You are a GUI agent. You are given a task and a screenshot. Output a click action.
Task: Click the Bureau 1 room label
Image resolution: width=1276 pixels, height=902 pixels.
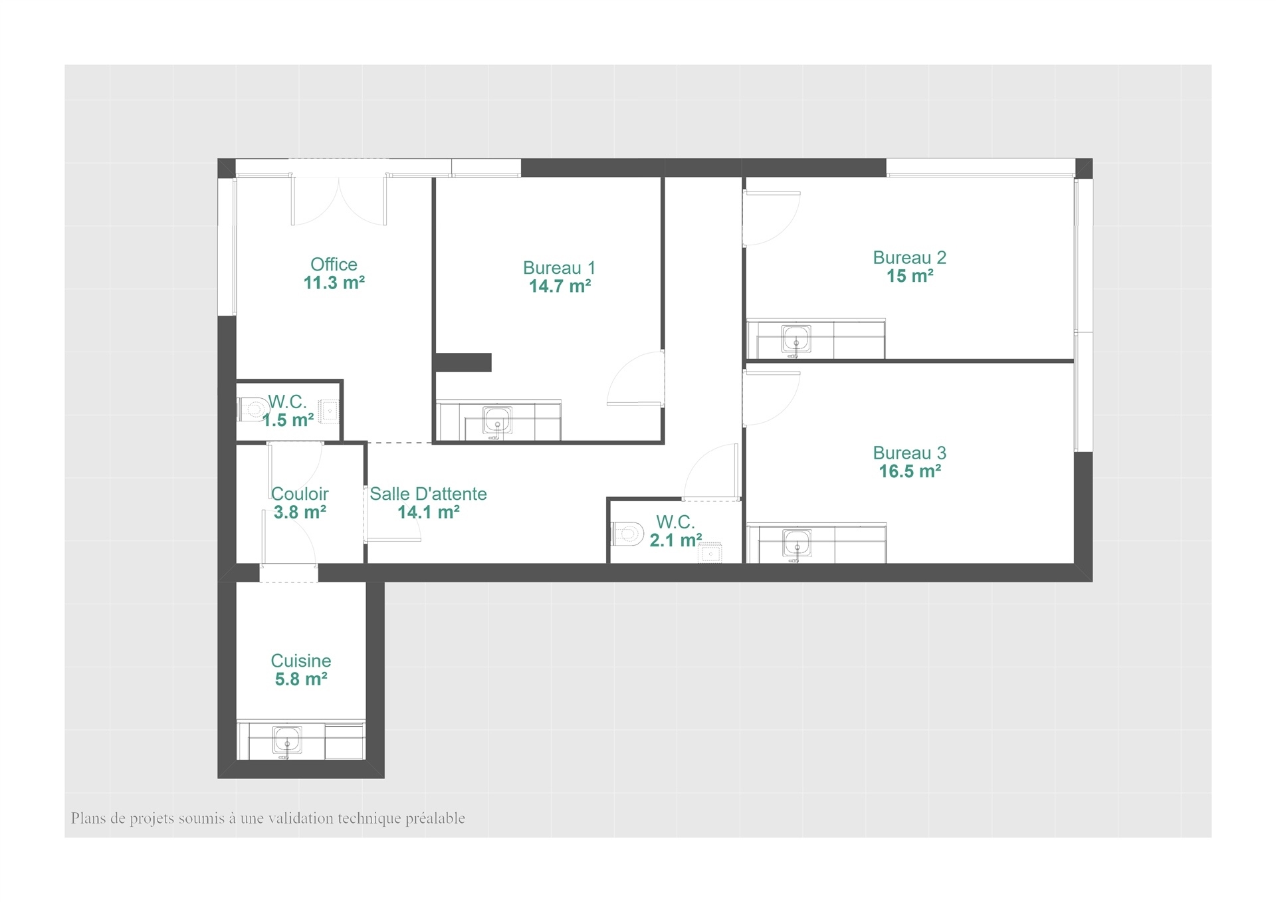(x=559, y=268)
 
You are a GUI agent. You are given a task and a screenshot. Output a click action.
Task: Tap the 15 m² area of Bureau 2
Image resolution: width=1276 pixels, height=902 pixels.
(x=910, y=276)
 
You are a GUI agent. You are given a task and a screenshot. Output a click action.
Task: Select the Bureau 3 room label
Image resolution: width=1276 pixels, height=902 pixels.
(x=909, y=453)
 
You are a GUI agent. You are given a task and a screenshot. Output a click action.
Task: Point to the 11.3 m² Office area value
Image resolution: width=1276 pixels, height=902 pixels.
(x=334, y=282)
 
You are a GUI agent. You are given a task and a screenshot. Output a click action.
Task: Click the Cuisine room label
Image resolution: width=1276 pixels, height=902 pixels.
(x=301, y=661)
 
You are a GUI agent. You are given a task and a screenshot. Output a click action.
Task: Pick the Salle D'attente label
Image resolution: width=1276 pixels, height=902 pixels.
(x=428, y=494)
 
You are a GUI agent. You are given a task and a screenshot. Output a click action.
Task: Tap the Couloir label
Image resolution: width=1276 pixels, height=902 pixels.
(x=300, y=494)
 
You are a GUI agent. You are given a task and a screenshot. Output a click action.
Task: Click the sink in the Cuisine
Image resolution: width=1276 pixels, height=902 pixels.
(x=287, y=740)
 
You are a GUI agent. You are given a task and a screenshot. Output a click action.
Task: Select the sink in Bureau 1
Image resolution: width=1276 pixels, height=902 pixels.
(x=497, y=421)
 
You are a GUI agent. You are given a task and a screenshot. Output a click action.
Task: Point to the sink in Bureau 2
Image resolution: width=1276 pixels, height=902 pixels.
(x=796, y=340)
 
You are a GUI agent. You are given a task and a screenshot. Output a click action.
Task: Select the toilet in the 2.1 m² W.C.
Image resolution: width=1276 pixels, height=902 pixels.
(x=627, y=533)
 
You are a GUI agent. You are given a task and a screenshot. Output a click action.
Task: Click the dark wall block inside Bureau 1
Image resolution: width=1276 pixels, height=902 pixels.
(x=463, y=362)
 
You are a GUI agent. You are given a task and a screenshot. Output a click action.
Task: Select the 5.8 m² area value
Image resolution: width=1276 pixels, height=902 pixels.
(x=301, y=679)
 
